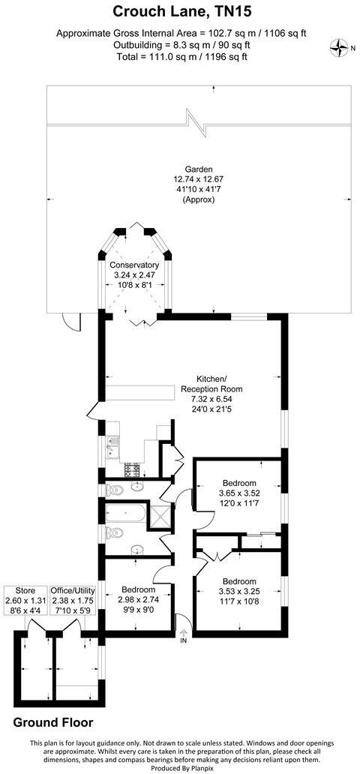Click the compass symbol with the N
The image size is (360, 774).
(342, 49)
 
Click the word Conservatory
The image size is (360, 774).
(134, 265)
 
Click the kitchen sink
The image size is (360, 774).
(112, 448)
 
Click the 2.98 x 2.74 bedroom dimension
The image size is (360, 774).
(138, 598)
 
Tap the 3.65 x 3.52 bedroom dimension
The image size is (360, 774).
(239, 493)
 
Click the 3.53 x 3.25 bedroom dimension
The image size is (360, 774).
(239, 592)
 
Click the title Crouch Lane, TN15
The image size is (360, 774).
(179, 12)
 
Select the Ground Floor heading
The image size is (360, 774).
(53, 722)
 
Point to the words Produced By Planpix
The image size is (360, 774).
(180, 767)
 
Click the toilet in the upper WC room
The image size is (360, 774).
(113, 490)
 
